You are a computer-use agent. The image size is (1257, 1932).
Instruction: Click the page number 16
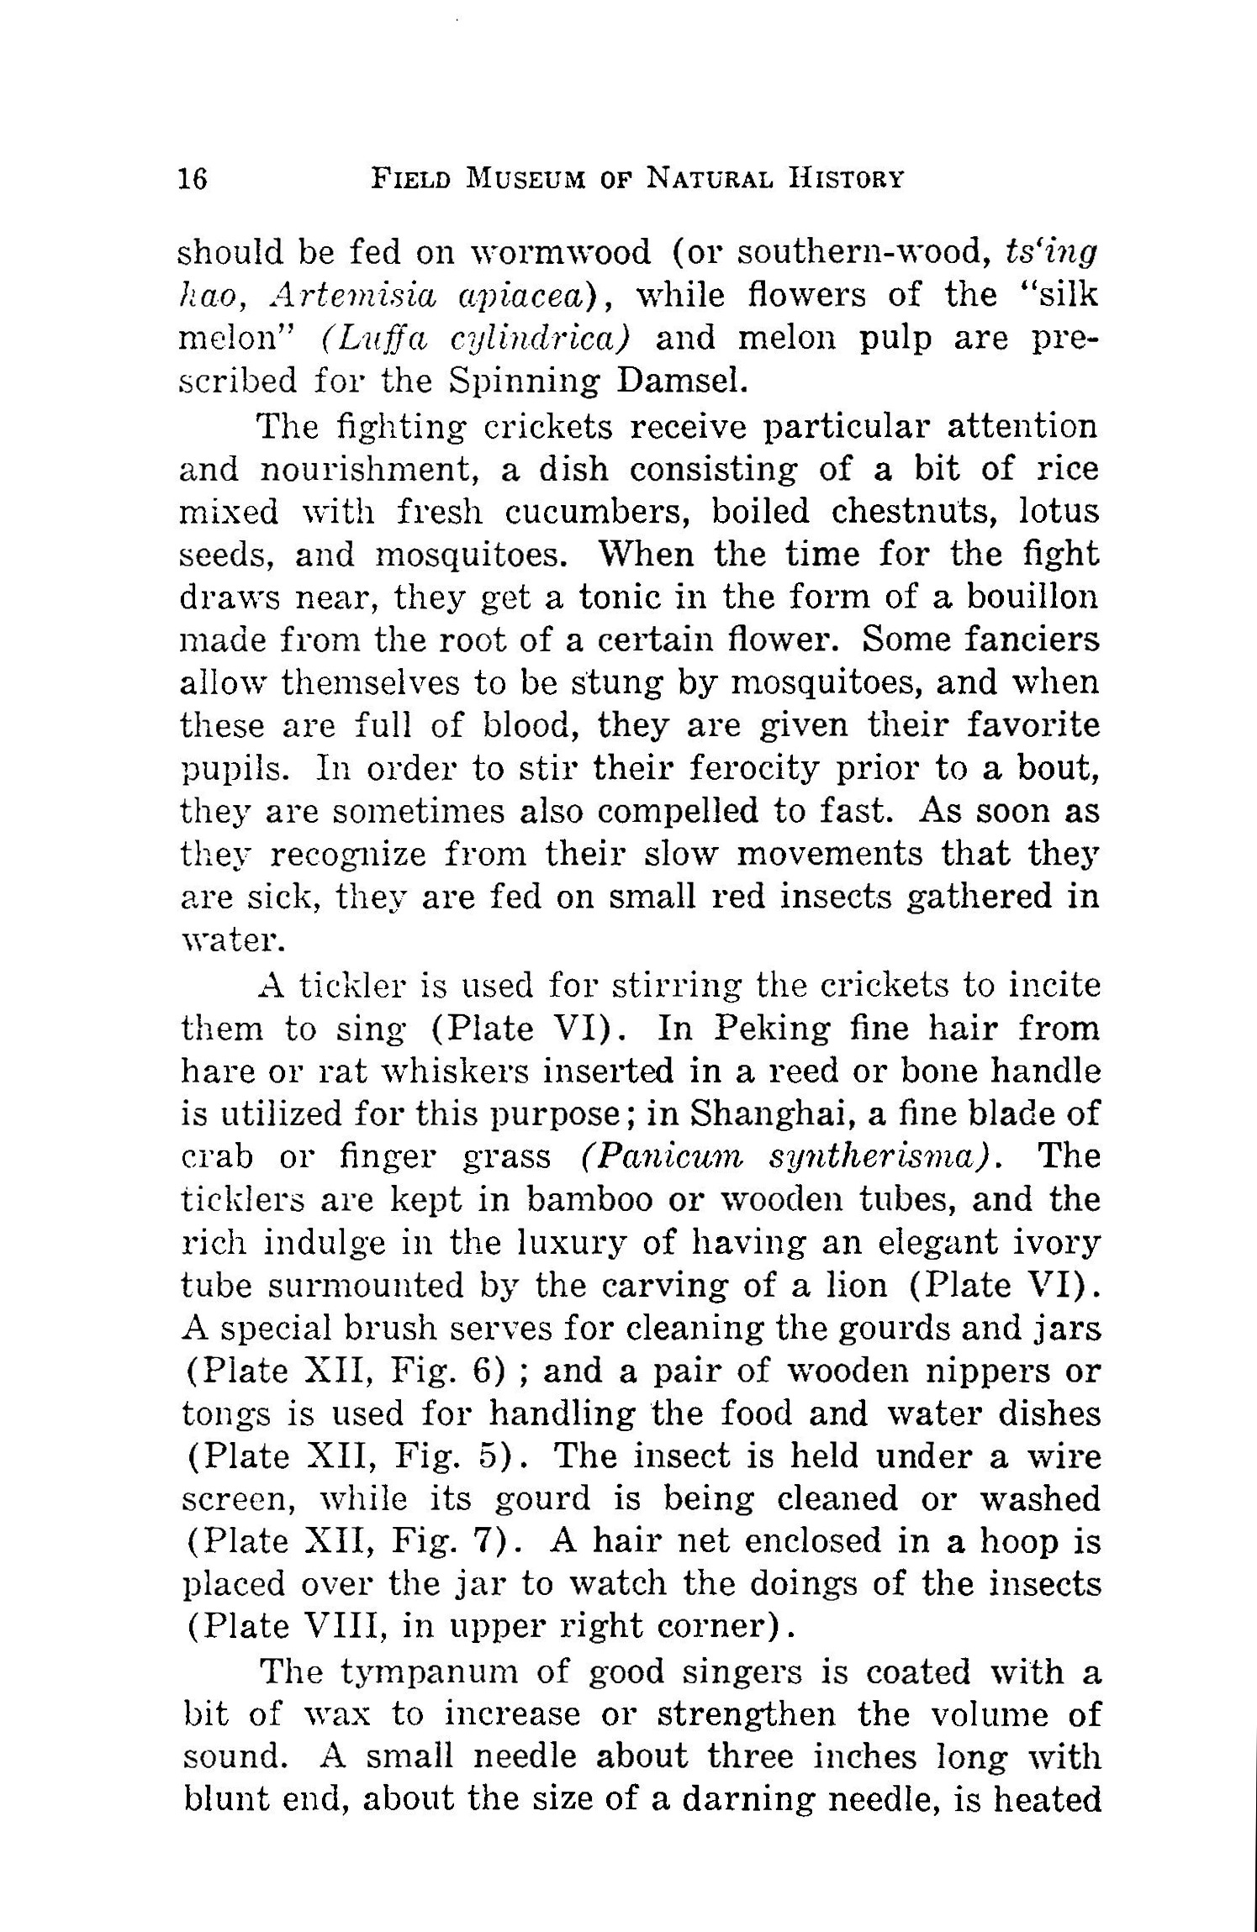coord(193,179)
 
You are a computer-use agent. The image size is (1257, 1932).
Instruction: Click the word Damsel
coord(682,382)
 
